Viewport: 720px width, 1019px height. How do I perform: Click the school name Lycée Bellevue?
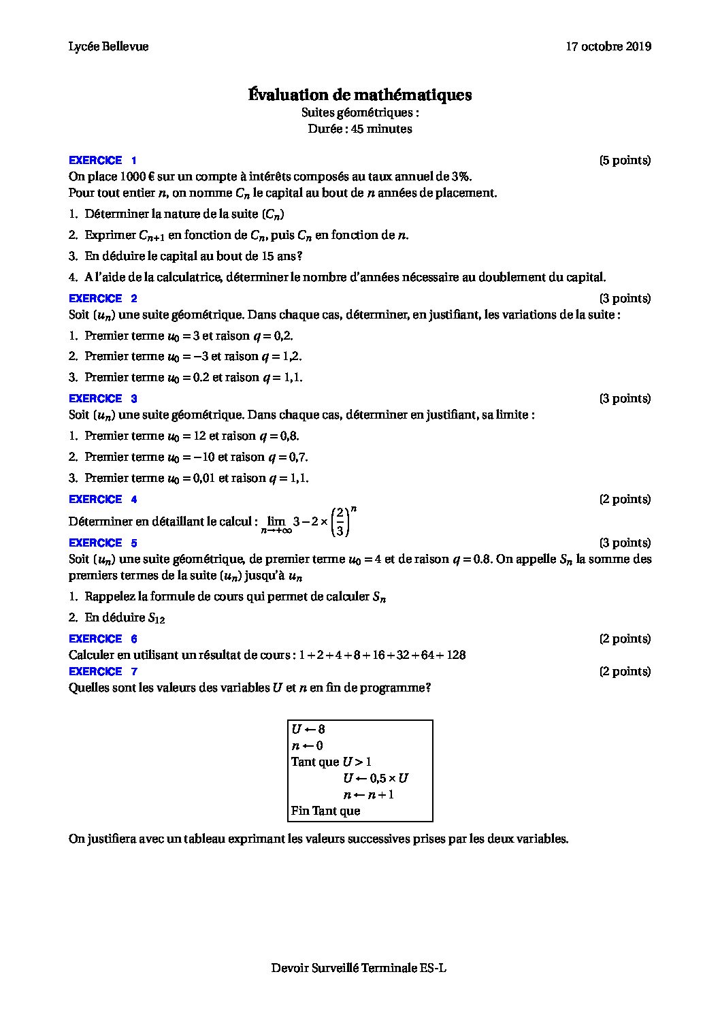(x=108, y=46)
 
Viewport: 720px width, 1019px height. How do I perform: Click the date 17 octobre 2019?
(x=608, y=46)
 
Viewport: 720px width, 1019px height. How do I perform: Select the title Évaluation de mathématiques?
(x=359, y=95)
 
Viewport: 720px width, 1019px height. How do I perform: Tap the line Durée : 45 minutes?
(x=359, y=129)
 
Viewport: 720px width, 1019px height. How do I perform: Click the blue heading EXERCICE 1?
(x=103, y=161)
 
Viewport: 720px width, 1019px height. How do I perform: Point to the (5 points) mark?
(x=625, y=161)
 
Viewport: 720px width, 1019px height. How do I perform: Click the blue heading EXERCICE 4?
(x=103, y=499)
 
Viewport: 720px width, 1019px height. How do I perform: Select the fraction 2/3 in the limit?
(x=339, y=522)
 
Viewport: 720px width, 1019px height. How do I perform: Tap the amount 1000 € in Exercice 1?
(x=124, y=177)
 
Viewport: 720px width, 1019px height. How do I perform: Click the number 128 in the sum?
(x=456, y=655)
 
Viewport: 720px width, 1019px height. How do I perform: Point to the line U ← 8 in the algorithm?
(x=308, y=729)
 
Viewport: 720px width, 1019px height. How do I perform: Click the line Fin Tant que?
(x=325, y=811)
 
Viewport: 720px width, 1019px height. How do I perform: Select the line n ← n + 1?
(x=368, y=794)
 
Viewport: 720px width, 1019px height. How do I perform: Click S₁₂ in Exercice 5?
(x=157, y=618)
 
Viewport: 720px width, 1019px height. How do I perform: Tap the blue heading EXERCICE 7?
(x=103, y=671)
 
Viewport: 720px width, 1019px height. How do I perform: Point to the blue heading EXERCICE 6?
(x=103, y=638)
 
